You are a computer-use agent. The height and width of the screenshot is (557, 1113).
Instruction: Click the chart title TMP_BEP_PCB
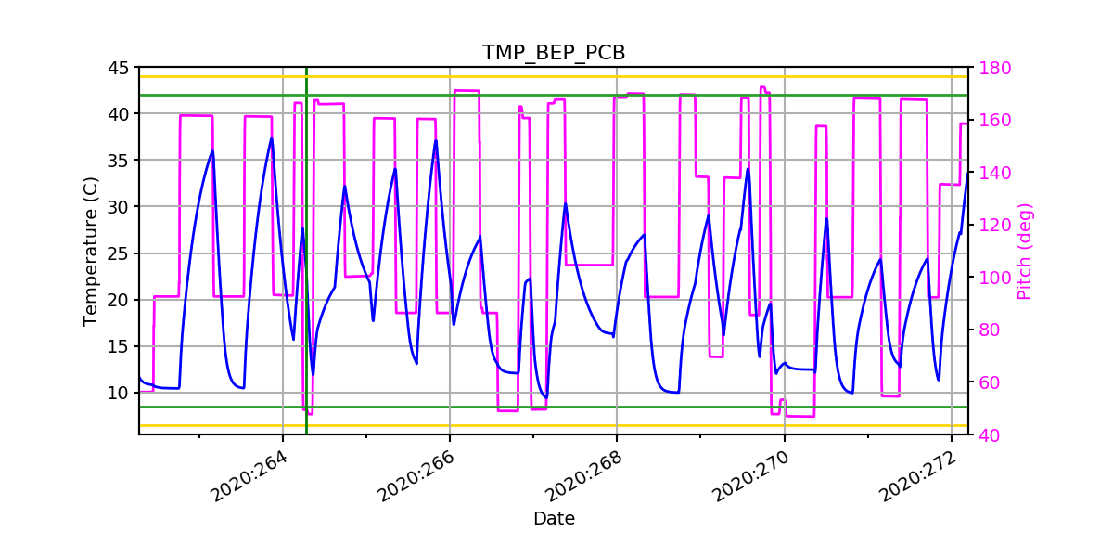click(554, 53)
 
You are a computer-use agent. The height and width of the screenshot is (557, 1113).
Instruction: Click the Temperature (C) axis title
click(90, 251)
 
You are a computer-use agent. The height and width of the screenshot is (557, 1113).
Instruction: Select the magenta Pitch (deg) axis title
click(1025, 251)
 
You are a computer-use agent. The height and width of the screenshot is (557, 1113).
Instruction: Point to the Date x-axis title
click(554, 519)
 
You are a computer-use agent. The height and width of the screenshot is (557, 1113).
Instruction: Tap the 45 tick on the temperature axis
click(118, 68)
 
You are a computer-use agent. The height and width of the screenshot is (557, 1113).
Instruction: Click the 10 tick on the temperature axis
click(118, 393)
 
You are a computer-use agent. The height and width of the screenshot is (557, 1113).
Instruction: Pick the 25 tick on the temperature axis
click(118, 253)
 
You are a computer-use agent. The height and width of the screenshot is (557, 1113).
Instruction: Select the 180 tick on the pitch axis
click(993, 68)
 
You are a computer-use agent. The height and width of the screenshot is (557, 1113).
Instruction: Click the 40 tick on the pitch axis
click(988, 434)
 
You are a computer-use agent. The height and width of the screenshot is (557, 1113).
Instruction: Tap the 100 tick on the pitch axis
click(993, 278)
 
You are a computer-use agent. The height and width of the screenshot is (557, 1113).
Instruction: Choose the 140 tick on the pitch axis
click(993, 173)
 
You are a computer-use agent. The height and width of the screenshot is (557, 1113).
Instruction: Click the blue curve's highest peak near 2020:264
click(272, 139)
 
